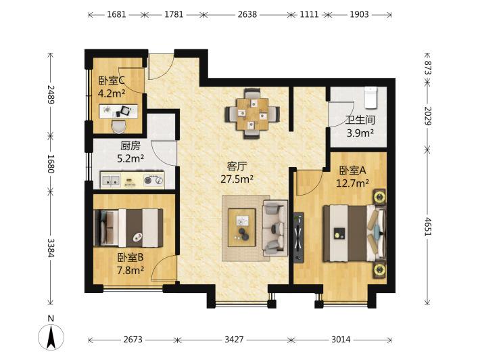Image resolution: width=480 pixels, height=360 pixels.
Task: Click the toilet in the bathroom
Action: [x=370, y=97]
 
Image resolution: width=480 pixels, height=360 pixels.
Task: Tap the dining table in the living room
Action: [x=252, y=114]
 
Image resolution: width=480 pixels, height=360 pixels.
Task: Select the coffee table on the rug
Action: [x=242, y=227]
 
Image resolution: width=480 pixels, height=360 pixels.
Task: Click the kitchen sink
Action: [x=110, y=180]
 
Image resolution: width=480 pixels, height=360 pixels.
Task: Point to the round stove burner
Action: [x=148, y=181]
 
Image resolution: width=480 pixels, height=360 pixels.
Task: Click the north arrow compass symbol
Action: [x=51, y=336]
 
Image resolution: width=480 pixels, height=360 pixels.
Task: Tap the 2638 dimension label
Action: [x=247, y=14]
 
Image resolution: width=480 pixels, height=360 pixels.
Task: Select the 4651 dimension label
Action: [x=428, y=227]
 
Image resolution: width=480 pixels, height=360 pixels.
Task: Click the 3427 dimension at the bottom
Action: [x=234, y=340]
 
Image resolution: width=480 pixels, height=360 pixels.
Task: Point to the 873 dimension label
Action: [x=428, y=68]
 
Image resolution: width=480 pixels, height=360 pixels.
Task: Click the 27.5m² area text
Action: [x=237, y=179]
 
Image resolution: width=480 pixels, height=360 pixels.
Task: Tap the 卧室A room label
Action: [x=353, y=171]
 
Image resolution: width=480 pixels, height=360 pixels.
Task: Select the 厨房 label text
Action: [x=130, y=146]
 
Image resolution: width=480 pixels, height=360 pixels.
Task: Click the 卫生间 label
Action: [x=360, y=120]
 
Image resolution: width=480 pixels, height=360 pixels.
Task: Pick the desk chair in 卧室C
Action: [x=119, y=127]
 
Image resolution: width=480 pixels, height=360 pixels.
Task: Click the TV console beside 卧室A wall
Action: [x=298, y=238]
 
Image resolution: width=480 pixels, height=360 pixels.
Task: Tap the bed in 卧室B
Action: [x=128, y=228]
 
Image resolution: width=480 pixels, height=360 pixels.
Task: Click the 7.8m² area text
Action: [x=130, y=270]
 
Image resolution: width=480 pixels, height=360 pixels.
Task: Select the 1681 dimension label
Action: [x=116, y=14]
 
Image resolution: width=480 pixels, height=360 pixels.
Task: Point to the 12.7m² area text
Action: [x=352, y=183]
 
